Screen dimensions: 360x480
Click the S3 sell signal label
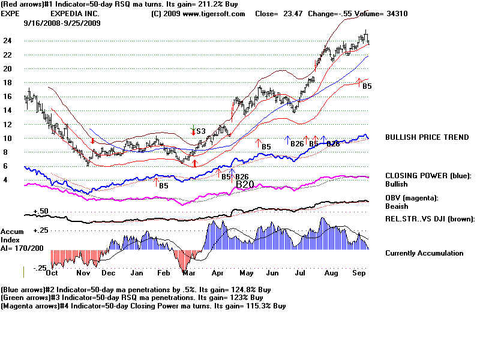(201, 131)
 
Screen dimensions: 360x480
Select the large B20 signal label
(245, 184)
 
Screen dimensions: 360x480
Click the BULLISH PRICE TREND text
(427, 137)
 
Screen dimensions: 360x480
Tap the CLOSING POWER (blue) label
(428, 176)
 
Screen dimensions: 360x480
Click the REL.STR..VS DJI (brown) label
(430, 218)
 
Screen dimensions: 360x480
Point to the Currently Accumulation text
(424, 253)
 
